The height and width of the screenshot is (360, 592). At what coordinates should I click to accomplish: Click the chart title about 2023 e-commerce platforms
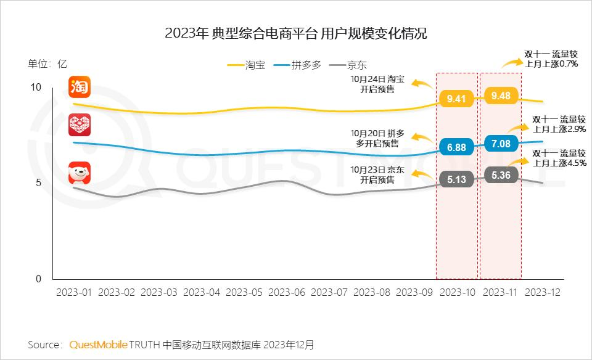click(x=296, y=34)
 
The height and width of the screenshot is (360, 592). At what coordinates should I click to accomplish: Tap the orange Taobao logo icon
click(x=80, y=87)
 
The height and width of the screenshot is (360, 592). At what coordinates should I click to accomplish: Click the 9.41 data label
click(x=456, y=98)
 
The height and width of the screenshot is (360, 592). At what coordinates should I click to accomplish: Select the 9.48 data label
click(x=500, y=96)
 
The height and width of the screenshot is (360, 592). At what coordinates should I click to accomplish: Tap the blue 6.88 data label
click(x=456, y=147)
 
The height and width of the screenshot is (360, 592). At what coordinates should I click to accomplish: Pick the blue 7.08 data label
click(x=500, y=144)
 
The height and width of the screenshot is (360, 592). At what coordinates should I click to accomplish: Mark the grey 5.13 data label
click(x=456, y=179)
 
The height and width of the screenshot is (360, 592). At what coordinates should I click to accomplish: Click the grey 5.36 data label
click(x=500, y=175)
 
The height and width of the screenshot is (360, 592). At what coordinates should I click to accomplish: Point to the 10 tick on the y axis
click(x=36, y=88)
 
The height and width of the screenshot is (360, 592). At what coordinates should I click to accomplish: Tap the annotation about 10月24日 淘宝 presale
click(x=377, y=84)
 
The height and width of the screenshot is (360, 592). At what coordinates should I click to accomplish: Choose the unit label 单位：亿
click(x=47, y=63)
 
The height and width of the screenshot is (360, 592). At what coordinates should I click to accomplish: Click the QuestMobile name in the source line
click(x=98, y=344)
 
